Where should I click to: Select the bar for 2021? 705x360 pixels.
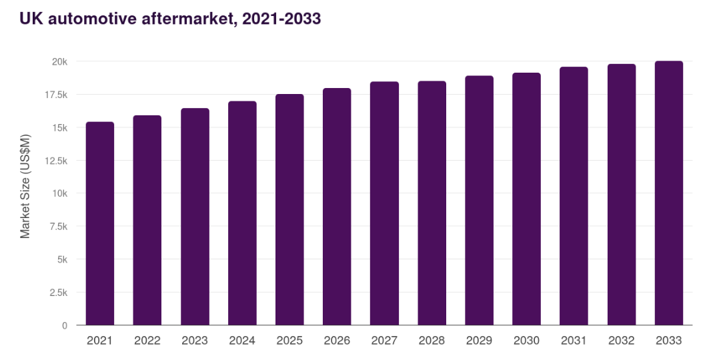[100, 223]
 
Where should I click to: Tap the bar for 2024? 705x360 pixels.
[242, 213]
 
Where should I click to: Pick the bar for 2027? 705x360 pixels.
[384, 203]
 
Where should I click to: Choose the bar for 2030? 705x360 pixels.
[526, 199]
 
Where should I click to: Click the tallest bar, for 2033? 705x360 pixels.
[668, 193]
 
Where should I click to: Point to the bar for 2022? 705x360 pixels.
[147, 220]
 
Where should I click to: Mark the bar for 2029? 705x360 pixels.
[479, 200]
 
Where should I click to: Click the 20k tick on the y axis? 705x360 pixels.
[60, 61]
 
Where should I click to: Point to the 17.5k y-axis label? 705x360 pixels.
[56, 95]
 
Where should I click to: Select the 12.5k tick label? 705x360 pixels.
[56, 161]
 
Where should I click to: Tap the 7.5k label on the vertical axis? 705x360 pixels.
[58, 227]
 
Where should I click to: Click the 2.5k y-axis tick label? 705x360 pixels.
[58, 293]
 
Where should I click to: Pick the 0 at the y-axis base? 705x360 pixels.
[65, 325]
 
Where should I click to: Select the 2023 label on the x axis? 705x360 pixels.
[195, 341]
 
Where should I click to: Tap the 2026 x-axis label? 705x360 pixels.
[337, 341]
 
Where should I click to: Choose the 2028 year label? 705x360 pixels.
[432, 341]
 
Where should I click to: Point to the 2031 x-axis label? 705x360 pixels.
[574, 341]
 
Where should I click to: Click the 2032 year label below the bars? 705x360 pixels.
[621, 341]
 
